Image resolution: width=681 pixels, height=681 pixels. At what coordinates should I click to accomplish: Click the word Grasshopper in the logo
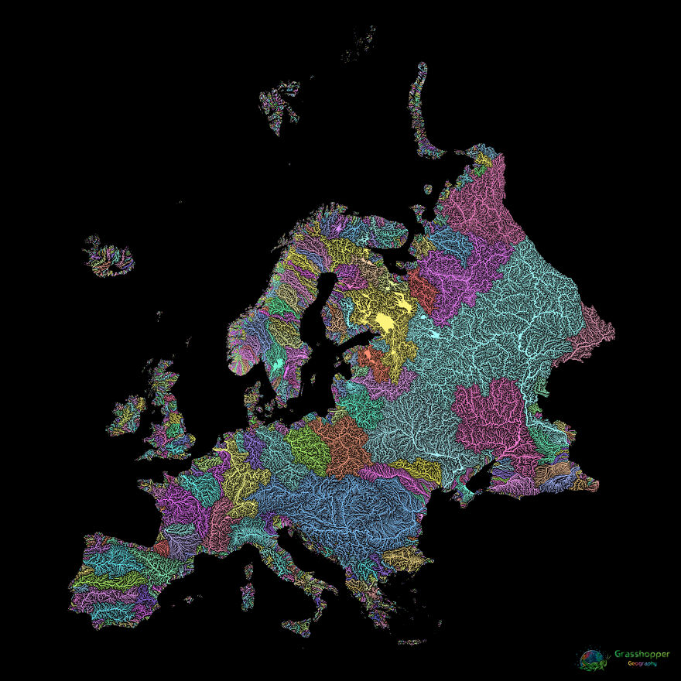643,655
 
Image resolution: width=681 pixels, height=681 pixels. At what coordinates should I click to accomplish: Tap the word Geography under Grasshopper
642,664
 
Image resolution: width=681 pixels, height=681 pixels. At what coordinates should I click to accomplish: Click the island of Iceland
110,258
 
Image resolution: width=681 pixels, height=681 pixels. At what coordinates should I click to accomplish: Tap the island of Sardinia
248,594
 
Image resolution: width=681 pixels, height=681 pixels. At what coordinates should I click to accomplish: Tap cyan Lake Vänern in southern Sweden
276,361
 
